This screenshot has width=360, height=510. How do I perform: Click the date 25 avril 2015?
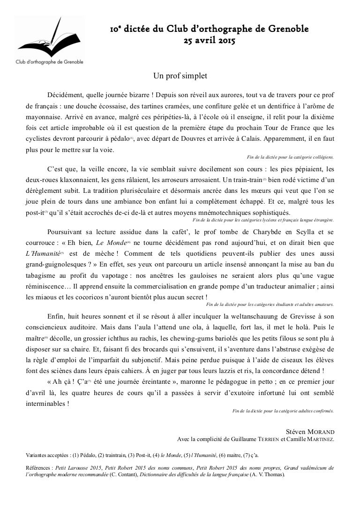209,41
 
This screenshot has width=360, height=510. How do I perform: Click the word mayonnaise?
44,116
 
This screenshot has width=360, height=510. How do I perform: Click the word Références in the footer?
38,467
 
